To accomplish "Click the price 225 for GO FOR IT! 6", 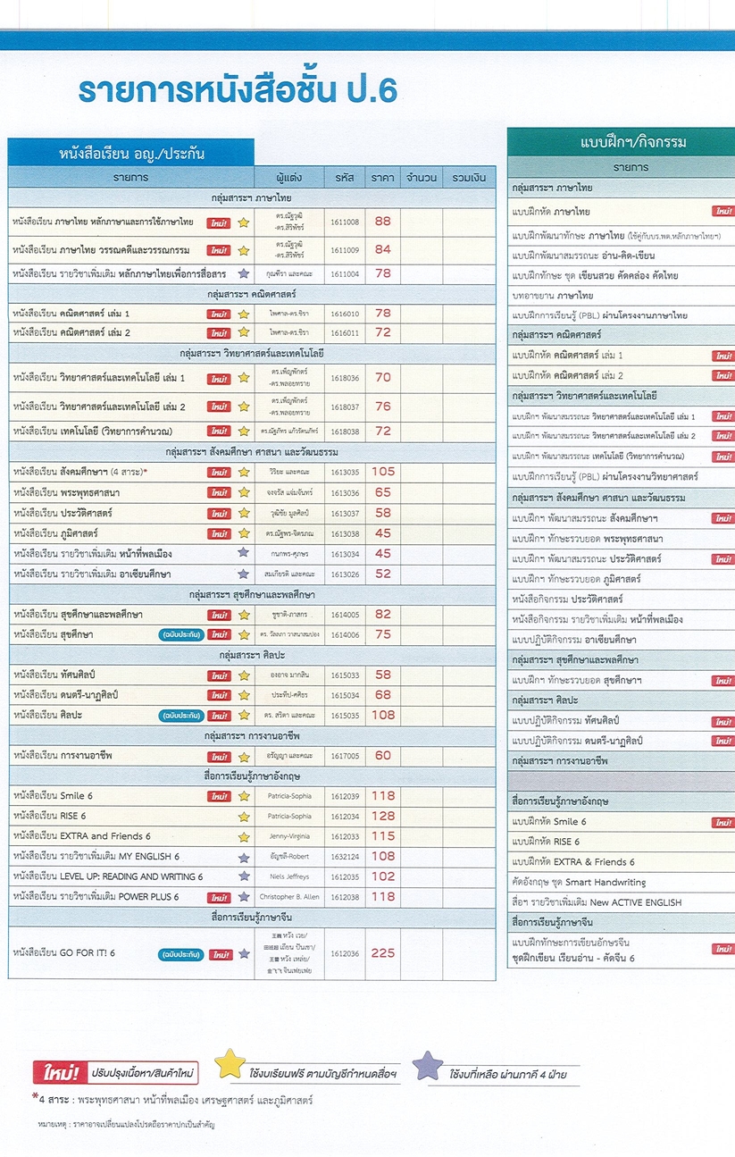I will click(x=383, y=953).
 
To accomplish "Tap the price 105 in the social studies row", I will click(x=383, y=472).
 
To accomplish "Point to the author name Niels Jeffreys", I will click(x=289, y=877).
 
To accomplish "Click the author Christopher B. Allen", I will click(x=289, y=897).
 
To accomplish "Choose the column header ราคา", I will click(x=383, y=177).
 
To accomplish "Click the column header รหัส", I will click(x=345, y=177).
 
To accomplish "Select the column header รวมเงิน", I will click(x=469, y=177).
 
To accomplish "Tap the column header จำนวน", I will click(x=421, y=177).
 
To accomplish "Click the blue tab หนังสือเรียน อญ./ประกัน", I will click(x=131, y=153).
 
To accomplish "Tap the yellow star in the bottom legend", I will click(x=231, y=1063).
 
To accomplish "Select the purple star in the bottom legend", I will click(x=429, y=1065).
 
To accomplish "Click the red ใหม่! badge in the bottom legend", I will click(x=54, y=1072).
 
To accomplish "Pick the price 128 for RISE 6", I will click(x=383, y=816).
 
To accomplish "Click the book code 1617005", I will click(x=345, y=756).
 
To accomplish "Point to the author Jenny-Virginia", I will click(x=289, y=836).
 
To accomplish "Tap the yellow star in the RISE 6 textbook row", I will click(x=243, y=817).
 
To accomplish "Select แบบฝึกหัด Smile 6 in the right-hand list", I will click(x=549, y=822).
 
